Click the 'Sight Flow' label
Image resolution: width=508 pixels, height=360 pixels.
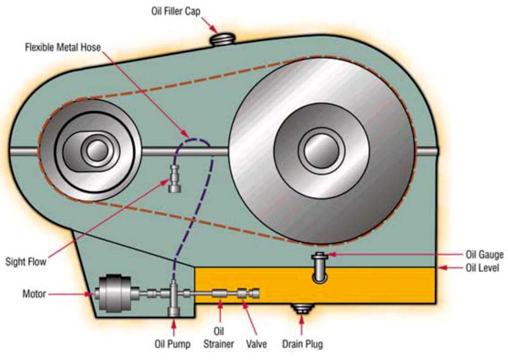click(26, 261)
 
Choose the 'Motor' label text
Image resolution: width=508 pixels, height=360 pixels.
click(34, 294)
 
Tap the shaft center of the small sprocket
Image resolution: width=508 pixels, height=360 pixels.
click(96, 150)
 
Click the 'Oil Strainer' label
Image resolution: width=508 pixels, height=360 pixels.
click(220, 338)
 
